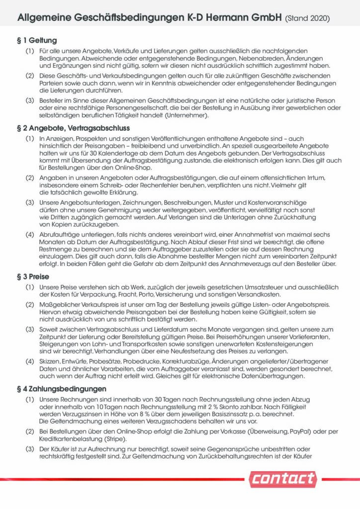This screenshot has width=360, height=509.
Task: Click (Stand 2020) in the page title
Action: [307, 18]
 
